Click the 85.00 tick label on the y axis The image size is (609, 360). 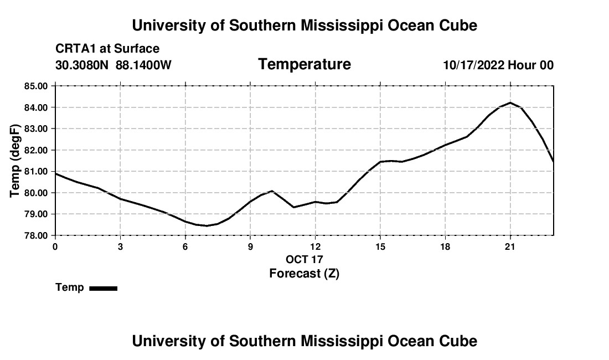(36, 86)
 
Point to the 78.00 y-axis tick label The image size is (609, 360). (36, 235)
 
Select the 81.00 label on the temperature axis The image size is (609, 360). (36, 171)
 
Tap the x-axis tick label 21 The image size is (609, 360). (509, 246)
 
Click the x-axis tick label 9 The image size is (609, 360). (250, 246)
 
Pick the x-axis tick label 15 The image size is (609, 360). (380, 246)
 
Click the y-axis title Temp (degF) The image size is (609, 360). (14, 161)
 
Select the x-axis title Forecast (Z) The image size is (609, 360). (304, 274)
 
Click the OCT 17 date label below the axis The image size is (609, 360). (304, 259)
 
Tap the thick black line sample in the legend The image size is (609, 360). (104, 288)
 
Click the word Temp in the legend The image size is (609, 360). (70, 287)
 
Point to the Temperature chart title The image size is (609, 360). (304, 64)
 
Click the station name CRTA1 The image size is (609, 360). (75, 49)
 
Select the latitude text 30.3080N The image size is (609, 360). (82, 65)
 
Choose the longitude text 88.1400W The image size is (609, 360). (143, 65)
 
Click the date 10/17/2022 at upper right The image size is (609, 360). (474, 65)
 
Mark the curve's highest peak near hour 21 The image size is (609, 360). (510, 102)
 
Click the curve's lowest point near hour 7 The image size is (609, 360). (207, 225)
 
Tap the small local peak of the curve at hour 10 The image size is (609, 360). (272, 191)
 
